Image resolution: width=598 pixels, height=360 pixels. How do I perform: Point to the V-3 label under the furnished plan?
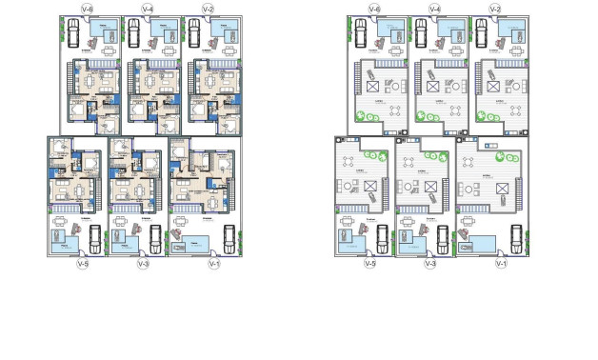pyautogui.click(x=144, y=264)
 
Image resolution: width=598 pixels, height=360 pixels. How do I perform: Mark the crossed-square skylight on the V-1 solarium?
pyautogui.click(x=490, y=187)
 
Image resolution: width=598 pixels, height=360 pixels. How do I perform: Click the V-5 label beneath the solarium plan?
pyautogui.click(x=370, y=264)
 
